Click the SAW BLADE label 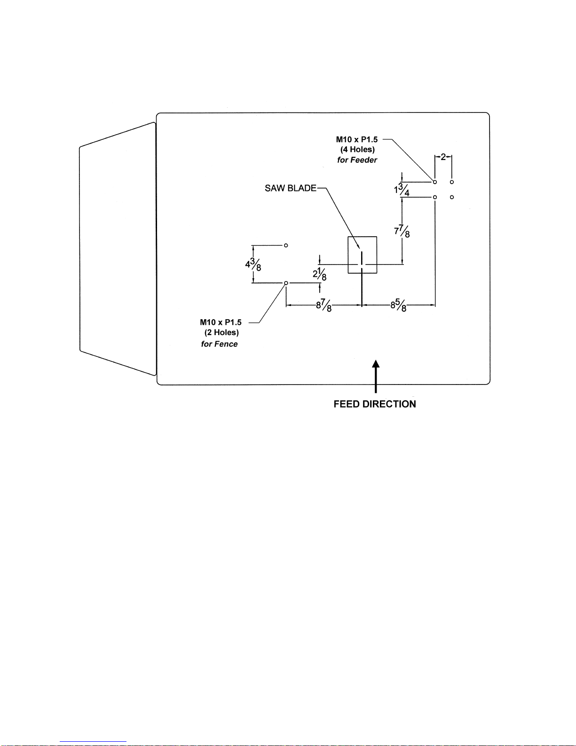coord(290,188)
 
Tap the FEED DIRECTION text coord(375,404)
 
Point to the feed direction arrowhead coord(376,364)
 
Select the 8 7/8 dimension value coord(324,305)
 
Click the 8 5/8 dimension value coord(398,305)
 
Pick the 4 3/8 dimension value coord(253,265)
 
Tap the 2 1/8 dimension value coord(320,274)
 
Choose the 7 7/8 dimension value coord(402,232)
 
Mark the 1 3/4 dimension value coord(402,190)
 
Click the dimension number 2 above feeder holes coord(443,157)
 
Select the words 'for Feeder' coord(357,160)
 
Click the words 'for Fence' coord(219,344)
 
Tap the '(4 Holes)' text coord(357,150)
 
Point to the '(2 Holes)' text coord(221,333)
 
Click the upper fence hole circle coord(286,245)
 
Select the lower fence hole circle coord(286,283)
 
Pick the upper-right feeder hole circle coord(452,182)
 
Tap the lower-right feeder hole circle coord(452,197)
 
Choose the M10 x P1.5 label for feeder coord(356,139)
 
